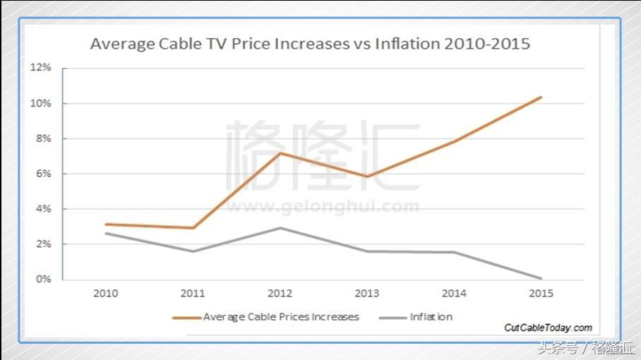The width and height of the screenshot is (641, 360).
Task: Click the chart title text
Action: [x=310, y=44]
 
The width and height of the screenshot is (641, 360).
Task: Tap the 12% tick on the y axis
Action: [x=42, y=68]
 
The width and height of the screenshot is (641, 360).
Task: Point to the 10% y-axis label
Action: [x=42, y=103]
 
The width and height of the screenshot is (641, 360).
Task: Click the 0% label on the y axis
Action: [x=44, y=280]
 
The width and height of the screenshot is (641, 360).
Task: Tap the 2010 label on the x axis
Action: [x=106, y=293]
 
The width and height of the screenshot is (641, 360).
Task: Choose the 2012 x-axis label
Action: [x=280, y=293]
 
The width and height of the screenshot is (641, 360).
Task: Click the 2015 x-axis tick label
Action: [x=541, y=293]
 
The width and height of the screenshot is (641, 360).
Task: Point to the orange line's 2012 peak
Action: [x=280, y=152]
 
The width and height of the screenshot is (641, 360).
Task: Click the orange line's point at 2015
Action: [x=541, y=97]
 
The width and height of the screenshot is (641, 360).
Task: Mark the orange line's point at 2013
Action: [x=367, y=176]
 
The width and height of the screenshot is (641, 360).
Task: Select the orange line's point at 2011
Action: [x=193, y=228]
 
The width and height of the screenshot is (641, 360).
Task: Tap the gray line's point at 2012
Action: [x=280, y=227]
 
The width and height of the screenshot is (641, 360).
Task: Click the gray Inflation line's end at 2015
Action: [x=541, y=278]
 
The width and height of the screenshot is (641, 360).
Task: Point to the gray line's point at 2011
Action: [x=193, y=251]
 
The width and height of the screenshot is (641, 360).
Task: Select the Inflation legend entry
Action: [x=431, y=317]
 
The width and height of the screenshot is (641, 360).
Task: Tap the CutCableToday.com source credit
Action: [x=548, y=328]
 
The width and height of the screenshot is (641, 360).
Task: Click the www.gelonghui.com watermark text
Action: [x=323, y=207]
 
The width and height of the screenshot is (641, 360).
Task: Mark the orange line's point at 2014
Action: [x=455, y=141]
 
